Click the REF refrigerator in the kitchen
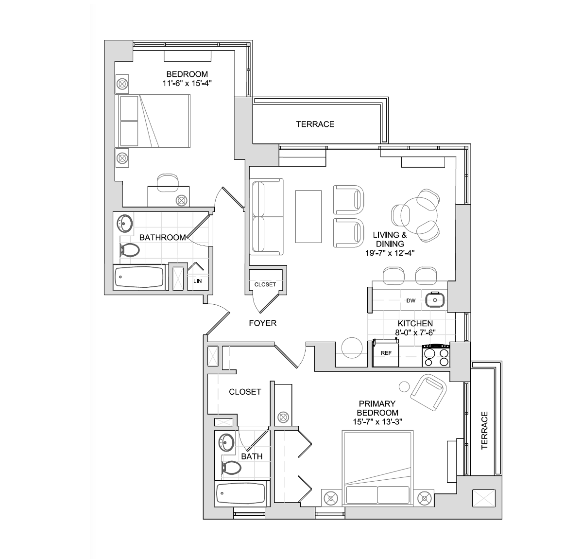[x=386, y=353]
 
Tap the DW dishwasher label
[x=411, y=300]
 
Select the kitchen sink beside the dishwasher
[x=434, y=300]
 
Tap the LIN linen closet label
[x=197, y=281]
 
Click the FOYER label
[x=262, y=323]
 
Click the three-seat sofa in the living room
[x=266, y=217]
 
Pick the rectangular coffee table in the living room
[x=308, y=217]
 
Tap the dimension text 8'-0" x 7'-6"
[x=415, y=332]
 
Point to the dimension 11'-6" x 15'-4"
[x=187, y=83]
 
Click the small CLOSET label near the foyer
[x=265, y=284]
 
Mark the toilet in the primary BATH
[x=232, y=468]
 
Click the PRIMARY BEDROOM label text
[x=377, y=408]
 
